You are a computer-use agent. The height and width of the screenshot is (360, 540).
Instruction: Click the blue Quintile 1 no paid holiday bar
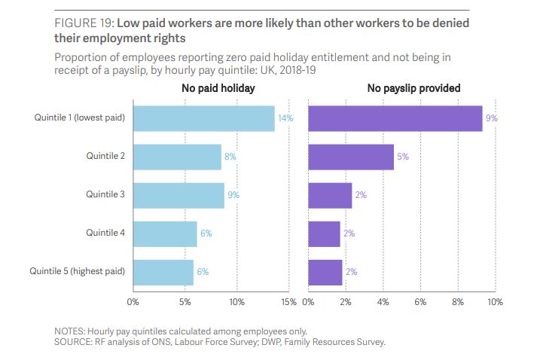click(203, 118)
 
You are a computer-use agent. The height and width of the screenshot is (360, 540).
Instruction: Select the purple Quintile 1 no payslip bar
click(395, 118)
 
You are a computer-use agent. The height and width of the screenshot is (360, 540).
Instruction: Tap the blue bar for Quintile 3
click(178, 195)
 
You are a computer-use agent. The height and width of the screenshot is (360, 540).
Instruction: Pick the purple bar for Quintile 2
click(351, 157)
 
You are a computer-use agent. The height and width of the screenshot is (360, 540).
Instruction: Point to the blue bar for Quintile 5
click(163, 271)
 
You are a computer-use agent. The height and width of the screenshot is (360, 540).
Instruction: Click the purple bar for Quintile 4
click(325, 233)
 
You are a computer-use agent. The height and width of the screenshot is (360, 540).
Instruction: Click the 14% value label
click(285, 118)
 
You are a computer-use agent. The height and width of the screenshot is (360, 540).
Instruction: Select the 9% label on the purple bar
click(493, 118)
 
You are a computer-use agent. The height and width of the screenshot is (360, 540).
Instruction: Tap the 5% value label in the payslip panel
click(403, 157)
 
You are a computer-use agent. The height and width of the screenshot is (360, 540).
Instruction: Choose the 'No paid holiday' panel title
click(218, 89)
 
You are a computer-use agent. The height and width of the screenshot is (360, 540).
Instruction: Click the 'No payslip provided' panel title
click(413, 89)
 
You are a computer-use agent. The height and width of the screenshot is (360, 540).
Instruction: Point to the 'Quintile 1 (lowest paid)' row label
click(79, 118)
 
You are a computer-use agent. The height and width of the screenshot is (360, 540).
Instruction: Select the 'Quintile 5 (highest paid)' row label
click(77, 271)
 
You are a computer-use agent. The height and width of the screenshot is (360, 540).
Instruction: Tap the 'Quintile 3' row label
click(105, 195)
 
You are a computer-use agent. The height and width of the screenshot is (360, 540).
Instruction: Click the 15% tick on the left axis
click(288, 302)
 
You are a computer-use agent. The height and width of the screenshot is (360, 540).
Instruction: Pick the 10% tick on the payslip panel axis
click(495, 302)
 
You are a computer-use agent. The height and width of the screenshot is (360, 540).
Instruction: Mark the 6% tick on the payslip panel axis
click(420, 302)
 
